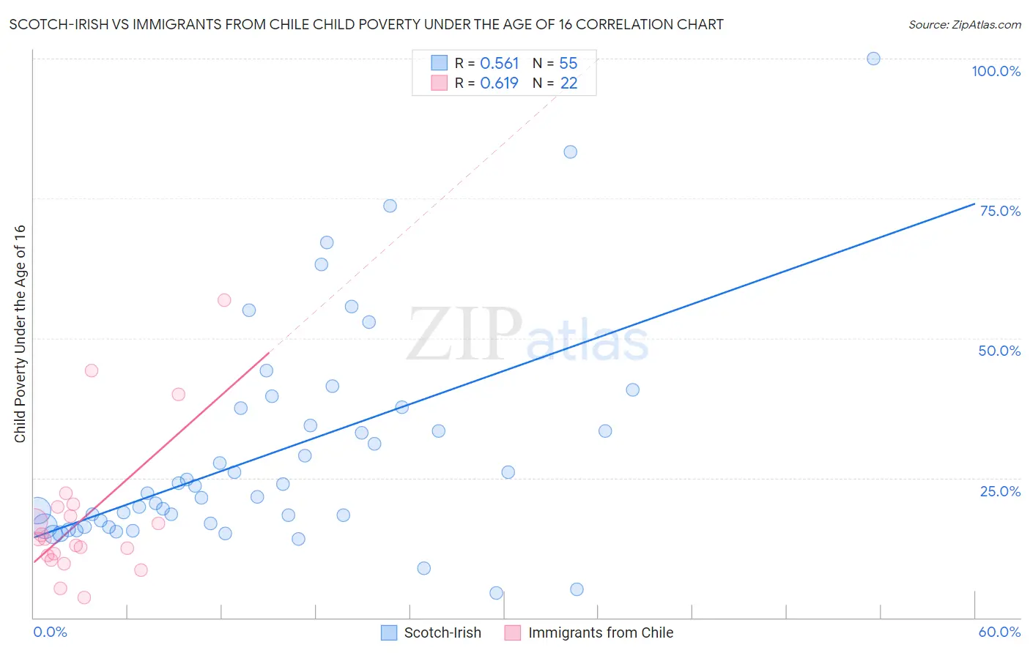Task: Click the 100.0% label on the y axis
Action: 996,71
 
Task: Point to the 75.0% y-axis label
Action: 1000,211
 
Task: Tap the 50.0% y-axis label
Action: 999,351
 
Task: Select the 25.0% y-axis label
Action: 1000,491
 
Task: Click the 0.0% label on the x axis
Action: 50,632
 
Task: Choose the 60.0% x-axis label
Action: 999,632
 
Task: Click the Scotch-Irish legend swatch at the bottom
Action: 389,633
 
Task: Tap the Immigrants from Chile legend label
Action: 600,633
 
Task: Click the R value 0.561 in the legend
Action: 499,64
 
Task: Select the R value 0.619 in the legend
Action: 499,83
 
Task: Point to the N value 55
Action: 568,64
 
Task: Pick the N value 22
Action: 568,83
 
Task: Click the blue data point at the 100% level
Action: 873,59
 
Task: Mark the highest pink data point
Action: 224,300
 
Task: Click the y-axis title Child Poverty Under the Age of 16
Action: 20,333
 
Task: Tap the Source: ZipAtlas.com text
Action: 964,25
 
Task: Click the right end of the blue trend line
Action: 974,204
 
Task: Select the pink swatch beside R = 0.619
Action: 439,83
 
